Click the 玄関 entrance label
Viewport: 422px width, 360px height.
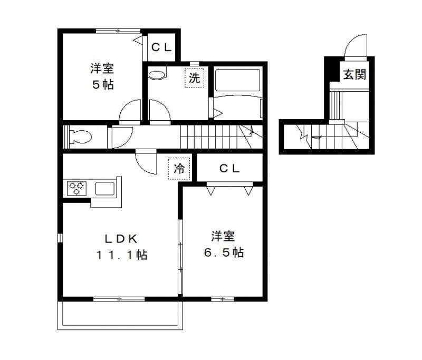(354, 74)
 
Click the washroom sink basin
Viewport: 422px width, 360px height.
(157, 75)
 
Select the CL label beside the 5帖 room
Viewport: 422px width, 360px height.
(161, 47)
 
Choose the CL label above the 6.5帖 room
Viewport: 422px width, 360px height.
(230, 169)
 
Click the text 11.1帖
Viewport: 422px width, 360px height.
(121, 255)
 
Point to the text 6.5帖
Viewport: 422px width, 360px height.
(224, 252)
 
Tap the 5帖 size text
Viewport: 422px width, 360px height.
(103, 84)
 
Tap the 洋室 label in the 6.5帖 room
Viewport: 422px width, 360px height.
(224, 236)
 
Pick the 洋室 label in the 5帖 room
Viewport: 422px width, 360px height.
(102, 68)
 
